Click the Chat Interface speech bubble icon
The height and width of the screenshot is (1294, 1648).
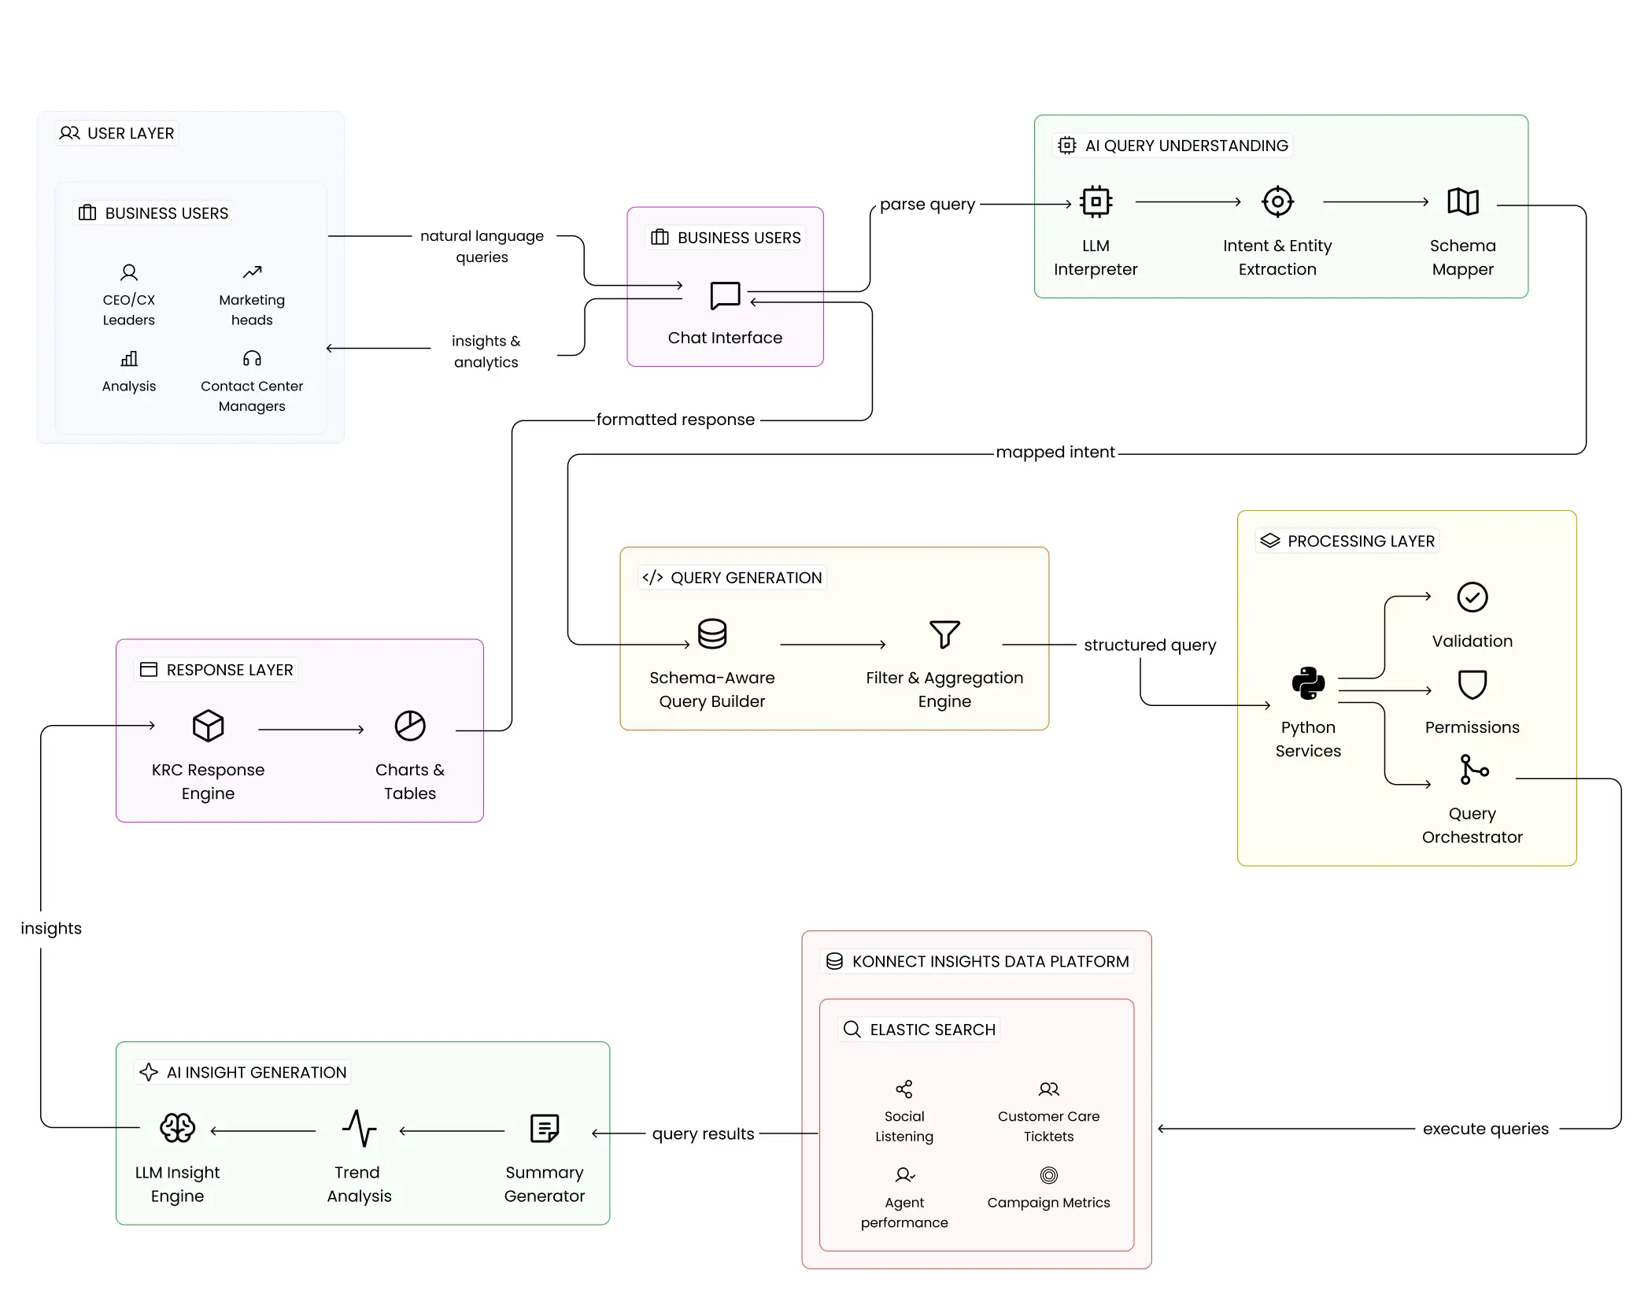pos(725,296)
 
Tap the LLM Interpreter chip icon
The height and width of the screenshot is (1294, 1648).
pos(1096,201)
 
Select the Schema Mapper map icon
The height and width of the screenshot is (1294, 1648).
pos(1463,201)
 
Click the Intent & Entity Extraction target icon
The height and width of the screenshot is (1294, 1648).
pos(1277,201)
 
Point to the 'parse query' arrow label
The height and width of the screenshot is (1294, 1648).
pos(927,204)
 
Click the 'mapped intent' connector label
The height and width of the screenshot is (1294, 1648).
pos(1055,453)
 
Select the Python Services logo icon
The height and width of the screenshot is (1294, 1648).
pos(1308,683)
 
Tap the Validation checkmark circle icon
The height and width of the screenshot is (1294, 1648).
pos(1472,597)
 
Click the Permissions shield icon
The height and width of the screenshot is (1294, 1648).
pos(1472,685)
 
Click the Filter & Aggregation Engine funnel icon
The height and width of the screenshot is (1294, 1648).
pos(944,634)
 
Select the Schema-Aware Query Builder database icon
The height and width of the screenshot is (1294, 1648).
pos(712,634)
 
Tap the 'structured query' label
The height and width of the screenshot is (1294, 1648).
pos(1149,645)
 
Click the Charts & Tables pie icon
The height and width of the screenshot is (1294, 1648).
pos(410,726)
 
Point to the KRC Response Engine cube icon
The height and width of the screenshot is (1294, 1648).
pos(209,726)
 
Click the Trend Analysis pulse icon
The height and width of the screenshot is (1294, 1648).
pos(360,1128)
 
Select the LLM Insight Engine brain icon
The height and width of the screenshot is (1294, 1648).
pos(178,1128)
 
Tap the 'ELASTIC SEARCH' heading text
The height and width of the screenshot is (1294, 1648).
pos(932,1030)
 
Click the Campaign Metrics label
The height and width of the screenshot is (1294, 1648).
pos(1048,1203)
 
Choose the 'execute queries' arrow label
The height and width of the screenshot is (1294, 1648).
pos(1485,1129)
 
